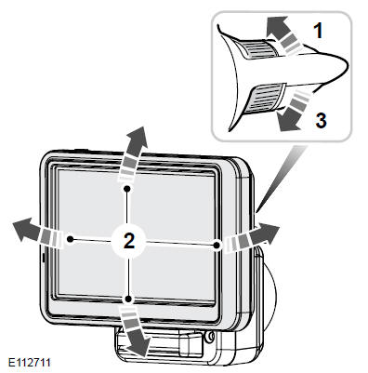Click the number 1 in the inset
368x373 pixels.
click(x=318, y=31)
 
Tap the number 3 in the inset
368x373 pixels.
click(x=321, y=120)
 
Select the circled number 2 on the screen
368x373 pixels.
click(x=129, y=241)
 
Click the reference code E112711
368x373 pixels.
click(x=30, y=362)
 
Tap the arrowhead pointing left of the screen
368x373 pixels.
click(x=25, y=230)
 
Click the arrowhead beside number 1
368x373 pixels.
click(x=276, y=26)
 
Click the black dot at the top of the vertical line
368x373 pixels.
click(x=126, y=188)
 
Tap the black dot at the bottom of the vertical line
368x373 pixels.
click(x=127, y=299)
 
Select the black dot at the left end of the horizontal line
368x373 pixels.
click(x=71, y=239)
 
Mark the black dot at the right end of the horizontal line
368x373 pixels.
click(x=217, y=245)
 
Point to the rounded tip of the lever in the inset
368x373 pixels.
click(x=343, y=66)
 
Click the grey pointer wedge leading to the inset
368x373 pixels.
click(x=281, y=177)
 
